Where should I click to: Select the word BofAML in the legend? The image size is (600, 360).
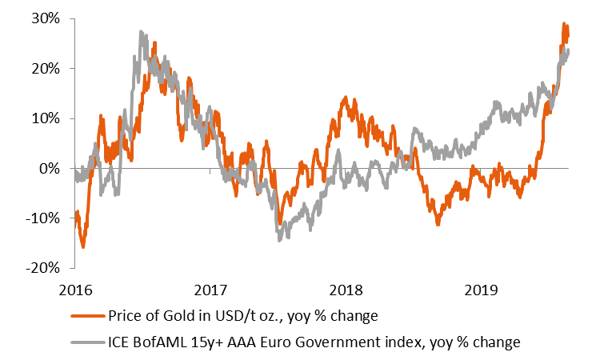point(164,342)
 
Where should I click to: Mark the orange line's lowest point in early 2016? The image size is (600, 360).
point(83,247)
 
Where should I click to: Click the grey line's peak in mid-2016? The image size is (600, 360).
point(141,32)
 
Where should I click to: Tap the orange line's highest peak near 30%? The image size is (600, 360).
point(564,24)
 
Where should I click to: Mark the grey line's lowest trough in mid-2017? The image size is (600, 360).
point(279,239)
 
